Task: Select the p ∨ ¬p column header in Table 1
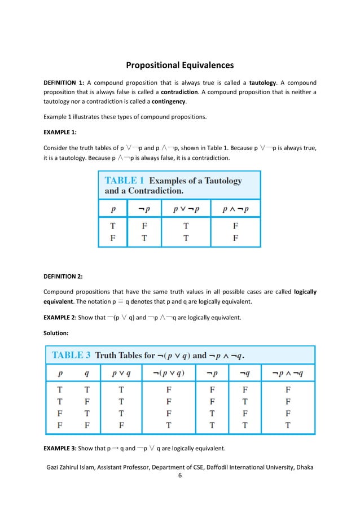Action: [185, 208]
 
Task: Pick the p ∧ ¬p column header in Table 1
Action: [235, 208]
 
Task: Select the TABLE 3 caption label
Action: [72, 356]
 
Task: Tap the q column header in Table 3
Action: [86, 373]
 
